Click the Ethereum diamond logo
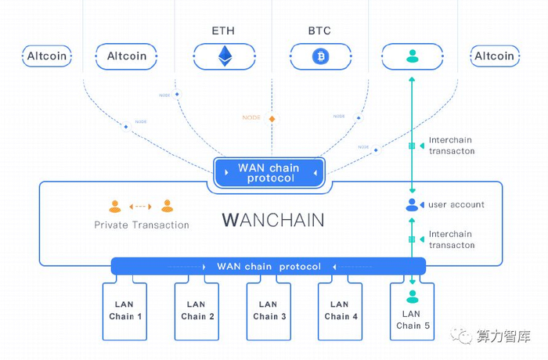tap(225, 56)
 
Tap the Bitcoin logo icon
tap(319, 56)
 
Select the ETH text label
tap(223, 31)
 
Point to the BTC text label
tap(319, 31)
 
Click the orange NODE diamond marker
tap(272, 118)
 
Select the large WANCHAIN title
tap(272, 219)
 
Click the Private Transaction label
tap(142, 225)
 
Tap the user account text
tap(456, 205)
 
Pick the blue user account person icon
tap(412, 205)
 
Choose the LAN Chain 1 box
tap(125, 311)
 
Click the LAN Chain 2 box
tap(196, 311)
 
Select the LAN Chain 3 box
tap(269, 311)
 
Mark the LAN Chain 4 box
tap(340, 311)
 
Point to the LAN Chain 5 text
tap(413, 320)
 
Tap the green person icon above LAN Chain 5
tap(412, 297)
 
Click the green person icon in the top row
tap(412, 56)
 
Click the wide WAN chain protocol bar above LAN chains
tap(269, 266)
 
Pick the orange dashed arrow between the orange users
tap(142, 207)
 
